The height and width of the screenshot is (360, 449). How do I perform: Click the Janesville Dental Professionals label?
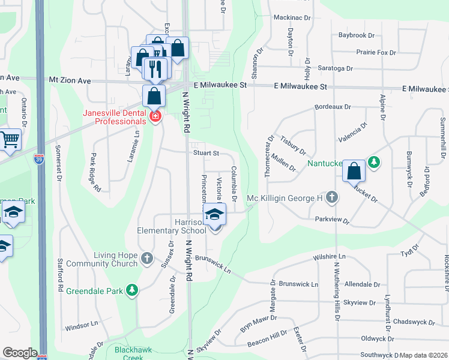(x=120, y=117)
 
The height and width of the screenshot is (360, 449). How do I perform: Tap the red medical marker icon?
(x=155, y=116)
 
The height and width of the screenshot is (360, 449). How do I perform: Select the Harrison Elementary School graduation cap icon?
(x=214, y=214)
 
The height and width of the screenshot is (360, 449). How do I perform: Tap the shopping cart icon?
(x=10, y=140)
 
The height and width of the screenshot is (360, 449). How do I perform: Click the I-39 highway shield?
(x=39, y=160)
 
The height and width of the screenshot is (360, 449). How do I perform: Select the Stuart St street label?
(x=205, y=153)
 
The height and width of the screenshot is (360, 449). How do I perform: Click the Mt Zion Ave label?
(x=70, y=80)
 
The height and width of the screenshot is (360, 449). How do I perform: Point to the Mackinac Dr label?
(x=292, y=18)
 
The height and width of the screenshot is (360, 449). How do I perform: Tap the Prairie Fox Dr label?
(x=376, y=53)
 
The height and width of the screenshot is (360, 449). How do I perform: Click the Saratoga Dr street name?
(x=335, y=68)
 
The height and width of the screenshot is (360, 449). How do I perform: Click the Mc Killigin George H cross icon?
(x=332, y=197)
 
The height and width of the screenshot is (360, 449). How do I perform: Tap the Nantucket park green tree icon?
(x=375, y=162)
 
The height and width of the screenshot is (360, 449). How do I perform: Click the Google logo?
(x=20, y=353)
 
